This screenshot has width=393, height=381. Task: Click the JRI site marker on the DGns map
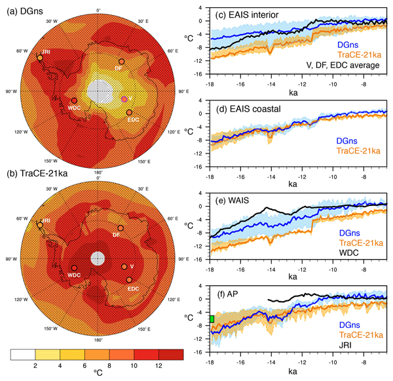click(40, 58)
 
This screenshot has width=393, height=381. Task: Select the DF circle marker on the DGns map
click(121, 61)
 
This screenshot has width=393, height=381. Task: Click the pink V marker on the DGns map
click(124, 98)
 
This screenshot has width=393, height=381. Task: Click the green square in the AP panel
click(212, 319)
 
